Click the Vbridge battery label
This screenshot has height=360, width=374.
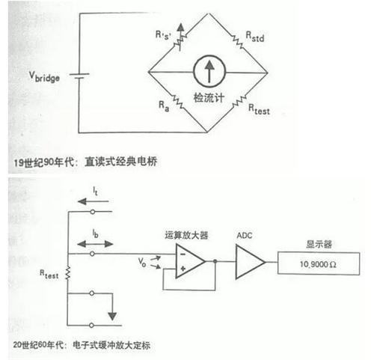pos(44,77)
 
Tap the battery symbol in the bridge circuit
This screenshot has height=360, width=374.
pos(79,76)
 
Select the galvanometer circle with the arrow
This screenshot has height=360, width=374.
pos(209,71)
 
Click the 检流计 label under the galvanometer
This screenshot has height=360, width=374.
pos(209,97)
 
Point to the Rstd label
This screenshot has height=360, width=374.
pos(255,37)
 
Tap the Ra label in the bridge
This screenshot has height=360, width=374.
pos(164,106)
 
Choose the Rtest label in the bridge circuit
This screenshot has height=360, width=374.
pos(259,109)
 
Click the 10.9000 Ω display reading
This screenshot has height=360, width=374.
pos(318,264)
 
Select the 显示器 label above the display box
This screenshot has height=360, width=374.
pos(319,244)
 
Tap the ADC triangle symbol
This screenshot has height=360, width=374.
pos(250,262)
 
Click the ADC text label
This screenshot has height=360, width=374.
pos(245,236)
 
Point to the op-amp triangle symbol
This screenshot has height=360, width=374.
pos(190,261)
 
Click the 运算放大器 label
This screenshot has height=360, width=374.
pos(186,235)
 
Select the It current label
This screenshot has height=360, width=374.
pos(95,192)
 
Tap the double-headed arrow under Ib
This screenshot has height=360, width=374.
pos(95,244)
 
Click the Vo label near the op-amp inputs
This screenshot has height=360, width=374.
pos(142,262)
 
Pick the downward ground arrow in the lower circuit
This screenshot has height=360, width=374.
pos(112,316)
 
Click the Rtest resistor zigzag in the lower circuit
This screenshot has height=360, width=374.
pos(67,273)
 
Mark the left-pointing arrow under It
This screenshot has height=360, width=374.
pos(93,201)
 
